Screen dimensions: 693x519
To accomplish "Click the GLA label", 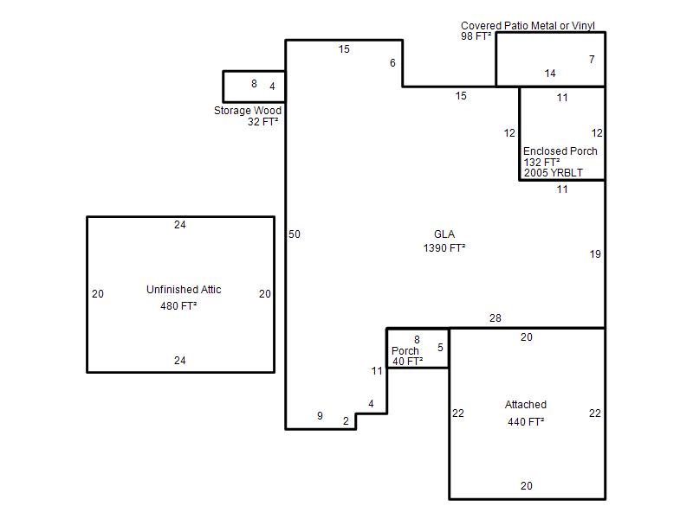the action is point(444,234).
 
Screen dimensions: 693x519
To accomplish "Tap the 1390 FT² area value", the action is point(444,248).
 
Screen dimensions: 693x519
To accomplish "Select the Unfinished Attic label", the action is point(184,290).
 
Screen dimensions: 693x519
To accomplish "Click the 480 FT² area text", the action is point(178,306).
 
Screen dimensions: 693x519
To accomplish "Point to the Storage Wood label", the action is point(248,111).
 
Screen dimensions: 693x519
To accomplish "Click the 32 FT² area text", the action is point(263,122).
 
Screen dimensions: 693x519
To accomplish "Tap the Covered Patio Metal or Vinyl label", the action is point(528,26).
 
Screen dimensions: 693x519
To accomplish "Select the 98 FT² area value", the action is point(476,36).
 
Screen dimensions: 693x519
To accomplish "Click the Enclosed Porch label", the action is point(560,151).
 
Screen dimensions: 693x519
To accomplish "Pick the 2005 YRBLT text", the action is point(554,173).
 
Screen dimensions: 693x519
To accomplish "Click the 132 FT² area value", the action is point(542,163).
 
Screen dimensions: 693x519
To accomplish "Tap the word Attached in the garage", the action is point(526,405).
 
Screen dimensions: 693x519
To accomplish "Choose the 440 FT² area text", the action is point(526,422).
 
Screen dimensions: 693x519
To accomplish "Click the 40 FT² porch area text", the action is point(407,362).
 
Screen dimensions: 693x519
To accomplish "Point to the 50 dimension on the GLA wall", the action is point(295,234).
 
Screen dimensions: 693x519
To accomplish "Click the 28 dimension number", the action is point(495,318).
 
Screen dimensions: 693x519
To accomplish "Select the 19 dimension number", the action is point(595,254).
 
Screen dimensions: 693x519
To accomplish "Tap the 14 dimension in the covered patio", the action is point(550,74).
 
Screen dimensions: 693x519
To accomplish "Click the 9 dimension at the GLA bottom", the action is point(320,416).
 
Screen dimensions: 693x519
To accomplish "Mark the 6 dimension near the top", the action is point(392,63).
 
